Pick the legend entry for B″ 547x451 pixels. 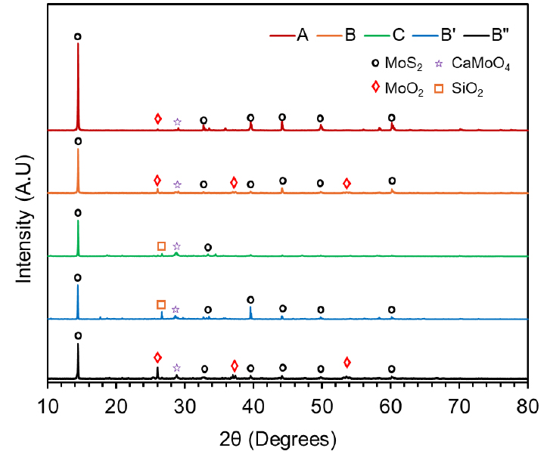tap(499, 35)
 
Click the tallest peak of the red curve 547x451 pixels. tap(78, 44)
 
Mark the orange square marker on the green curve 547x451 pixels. tap(161, 246)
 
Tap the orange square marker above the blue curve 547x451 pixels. tap(161, 304)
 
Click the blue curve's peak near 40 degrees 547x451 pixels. tap(250, 307)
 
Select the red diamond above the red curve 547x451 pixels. tap(158, 119)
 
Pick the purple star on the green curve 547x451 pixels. tap(177, 246)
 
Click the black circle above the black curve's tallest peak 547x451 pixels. tap(78, 335)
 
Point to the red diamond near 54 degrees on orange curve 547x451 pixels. tap(347, 184)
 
